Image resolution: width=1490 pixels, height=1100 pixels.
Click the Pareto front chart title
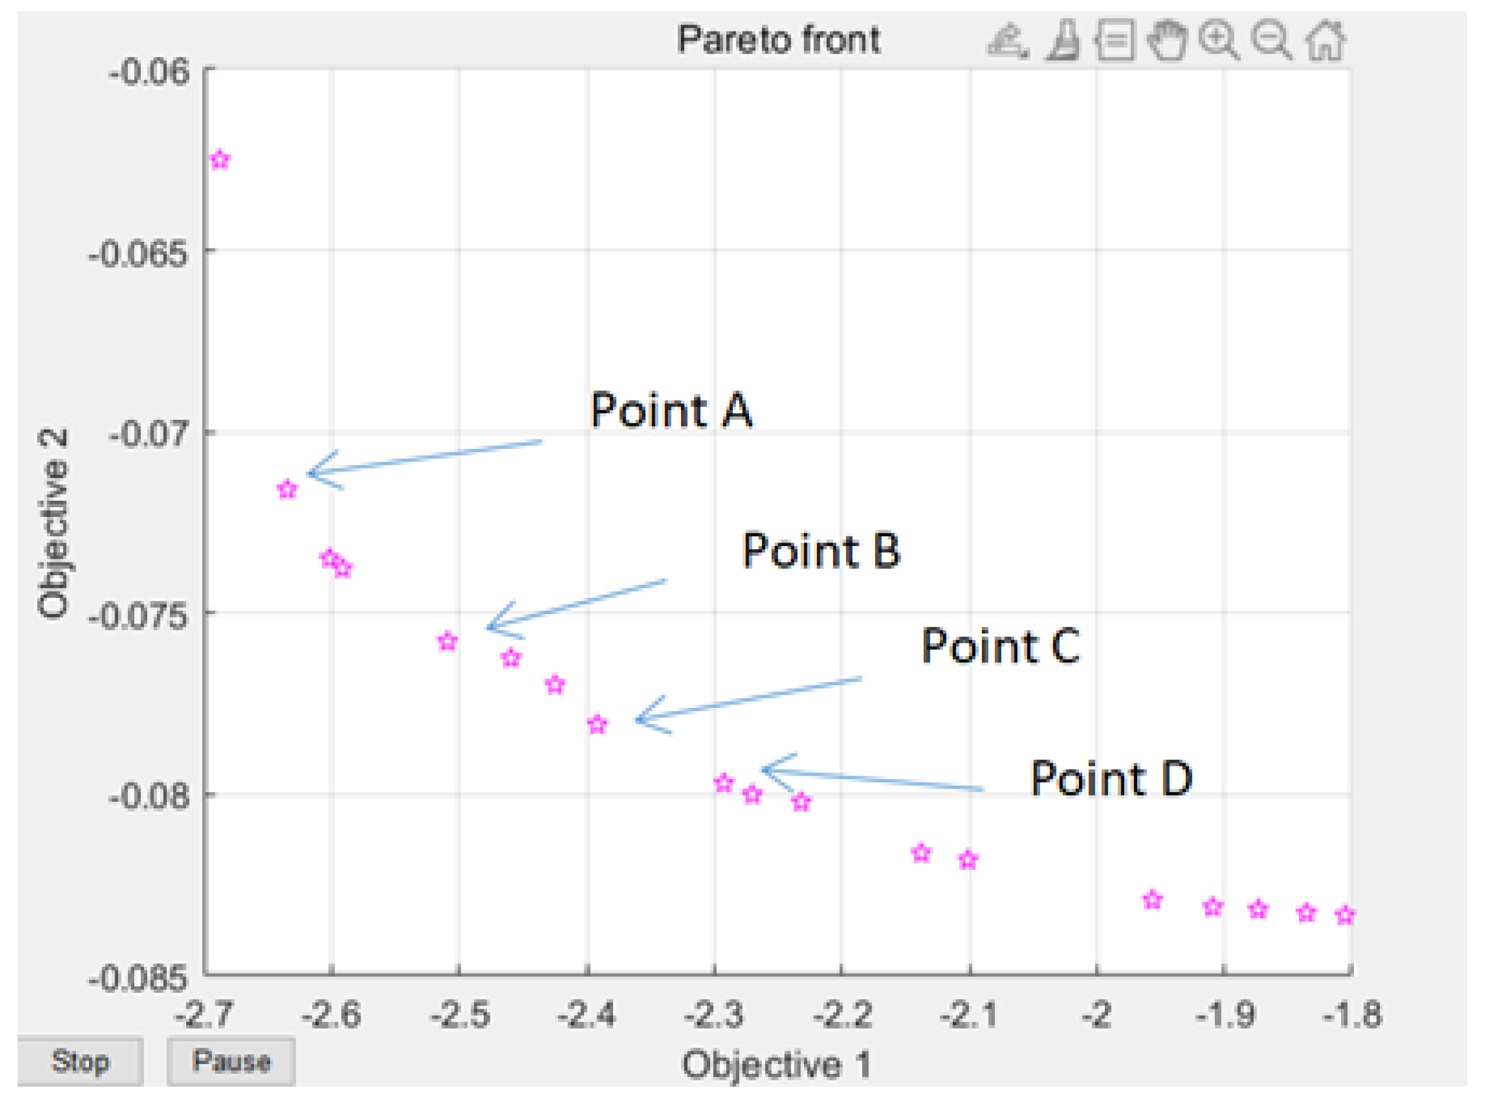pos(778,39)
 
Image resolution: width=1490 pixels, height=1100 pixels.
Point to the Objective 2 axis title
pos(53,525)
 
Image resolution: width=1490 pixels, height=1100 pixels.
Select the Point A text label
pos(671,410)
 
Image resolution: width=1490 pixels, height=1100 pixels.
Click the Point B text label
pos(820,551)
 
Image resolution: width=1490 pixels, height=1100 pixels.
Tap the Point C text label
pos(1000,646)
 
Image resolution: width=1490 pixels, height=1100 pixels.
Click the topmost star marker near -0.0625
pos(220,160)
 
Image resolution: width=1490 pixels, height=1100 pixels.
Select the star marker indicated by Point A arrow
pos(287,490)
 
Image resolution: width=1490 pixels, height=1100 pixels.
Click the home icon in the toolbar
pos(1326,41)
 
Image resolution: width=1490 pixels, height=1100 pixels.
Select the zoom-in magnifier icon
pos(1219,41)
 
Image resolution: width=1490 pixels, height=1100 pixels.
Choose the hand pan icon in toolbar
pos(1167,41)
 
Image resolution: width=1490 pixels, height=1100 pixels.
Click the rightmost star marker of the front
pos(1345,916)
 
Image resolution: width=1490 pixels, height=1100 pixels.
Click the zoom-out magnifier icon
pos(1272,41)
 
